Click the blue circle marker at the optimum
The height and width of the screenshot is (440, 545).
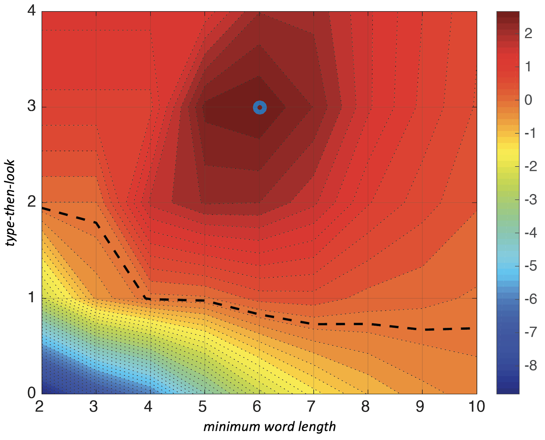click(x=259, y=107)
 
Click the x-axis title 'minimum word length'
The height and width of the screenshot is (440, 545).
click(x=269, y=427)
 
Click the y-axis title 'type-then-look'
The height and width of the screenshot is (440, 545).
click(x=10, y=203)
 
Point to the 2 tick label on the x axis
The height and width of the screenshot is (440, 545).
click(x=39, y=407)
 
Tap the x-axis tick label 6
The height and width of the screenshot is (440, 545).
click(x=257, y=407)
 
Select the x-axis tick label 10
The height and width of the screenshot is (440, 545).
click(x=477, y=407)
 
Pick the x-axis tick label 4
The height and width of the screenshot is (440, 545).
click(x=148, y=407)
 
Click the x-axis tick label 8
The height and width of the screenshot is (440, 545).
click(x=365, y=407)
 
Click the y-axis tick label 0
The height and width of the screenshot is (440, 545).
click(x=31, y=393)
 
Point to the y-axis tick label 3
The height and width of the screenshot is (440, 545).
click(x=31, y=106)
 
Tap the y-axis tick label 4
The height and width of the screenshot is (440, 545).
click(x=31, y=11)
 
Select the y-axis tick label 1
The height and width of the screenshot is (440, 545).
click(x=31, y=298)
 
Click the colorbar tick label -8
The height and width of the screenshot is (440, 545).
click(x=530, y=366)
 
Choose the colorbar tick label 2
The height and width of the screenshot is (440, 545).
click(x=528, y=33)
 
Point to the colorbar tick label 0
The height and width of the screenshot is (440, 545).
click(x=528, y=100)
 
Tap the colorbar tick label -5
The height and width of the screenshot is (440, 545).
click(x=530, y=266)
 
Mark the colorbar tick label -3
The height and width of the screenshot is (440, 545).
click(x=530, y=200)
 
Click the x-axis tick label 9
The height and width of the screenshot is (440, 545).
click(x=420, y=407)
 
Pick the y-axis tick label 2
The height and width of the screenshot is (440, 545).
click(x=31, y=202)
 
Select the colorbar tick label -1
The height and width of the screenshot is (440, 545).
click(x=530, y=133)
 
